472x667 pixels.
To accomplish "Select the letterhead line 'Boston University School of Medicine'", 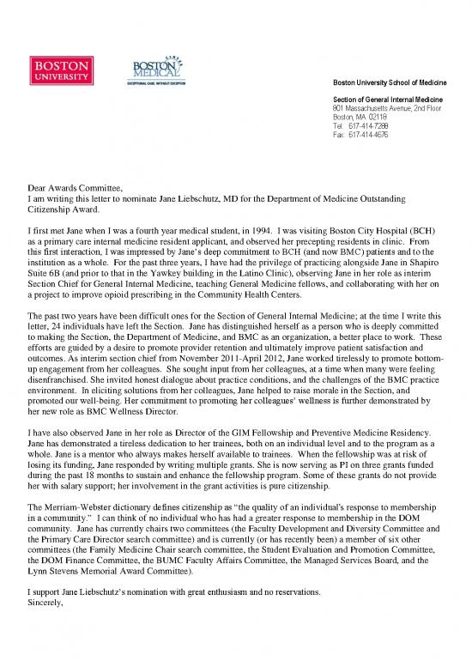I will [x=394, y=82].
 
